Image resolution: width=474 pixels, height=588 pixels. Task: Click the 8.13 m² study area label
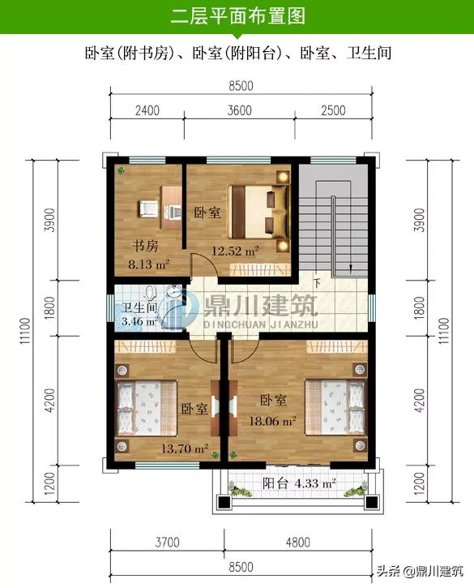pos(149,264)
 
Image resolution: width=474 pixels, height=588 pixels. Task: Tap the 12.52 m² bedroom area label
pos(235,251)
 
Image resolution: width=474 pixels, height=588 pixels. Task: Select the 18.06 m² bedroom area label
pos(273,421)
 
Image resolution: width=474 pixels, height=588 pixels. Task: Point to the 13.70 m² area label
pos(185,449)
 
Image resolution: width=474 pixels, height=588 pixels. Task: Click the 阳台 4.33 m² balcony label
pos(299,483)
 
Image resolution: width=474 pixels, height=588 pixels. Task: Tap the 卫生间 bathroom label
pos(139,307)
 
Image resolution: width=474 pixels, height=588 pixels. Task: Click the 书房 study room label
pos(145,246)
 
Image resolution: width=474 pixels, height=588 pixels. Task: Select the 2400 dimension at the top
pos(147,110)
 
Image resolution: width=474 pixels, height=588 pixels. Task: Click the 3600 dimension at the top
pos(240,110)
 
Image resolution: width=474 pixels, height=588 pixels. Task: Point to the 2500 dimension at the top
pos(333,110)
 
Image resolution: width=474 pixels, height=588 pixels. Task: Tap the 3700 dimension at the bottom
pos(167,543)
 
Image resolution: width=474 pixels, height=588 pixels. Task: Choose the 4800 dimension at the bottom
pos(298,543)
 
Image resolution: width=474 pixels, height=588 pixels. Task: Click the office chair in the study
pos(148,209)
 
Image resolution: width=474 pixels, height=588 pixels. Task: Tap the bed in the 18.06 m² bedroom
pos(335,407)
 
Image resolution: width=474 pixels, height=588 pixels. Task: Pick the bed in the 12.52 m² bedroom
pos(258,211)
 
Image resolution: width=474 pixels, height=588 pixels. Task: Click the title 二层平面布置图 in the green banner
pos(238,16)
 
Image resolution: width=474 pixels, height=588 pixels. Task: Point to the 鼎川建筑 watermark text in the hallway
pos(260,306)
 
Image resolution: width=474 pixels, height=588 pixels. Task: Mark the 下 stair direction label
pos(317,283)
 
